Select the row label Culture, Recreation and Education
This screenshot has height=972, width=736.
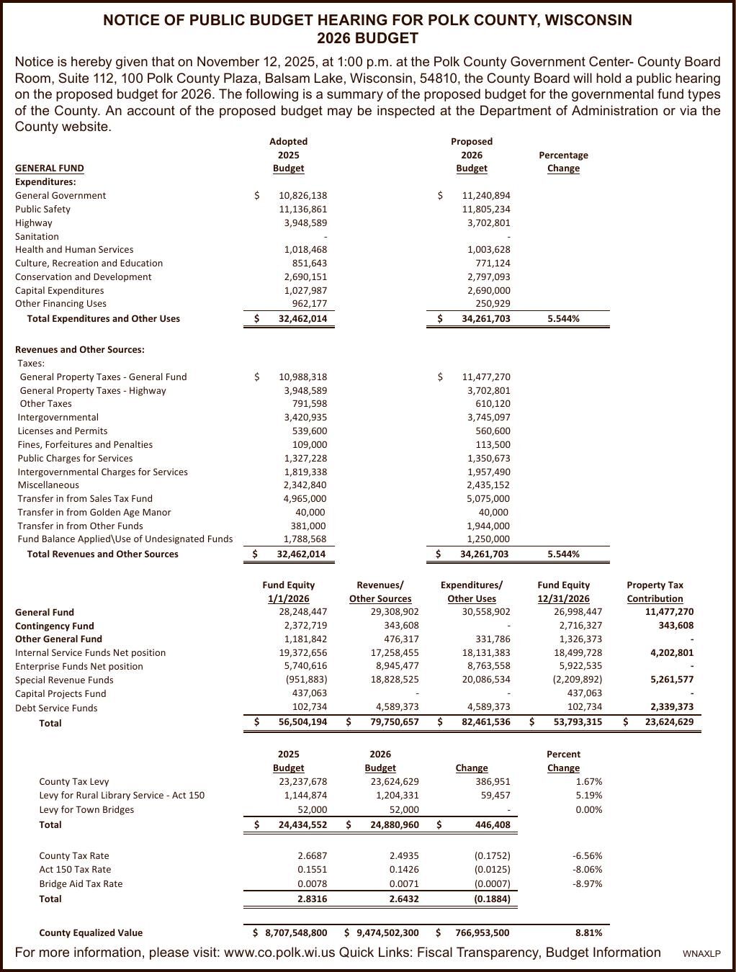(x=89, y=264)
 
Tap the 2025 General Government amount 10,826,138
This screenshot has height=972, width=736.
(x=302, y=195)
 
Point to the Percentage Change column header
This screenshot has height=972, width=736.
(x=563, y=161)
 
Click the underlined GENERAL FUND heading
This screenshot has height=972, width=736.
(x=49, y=168)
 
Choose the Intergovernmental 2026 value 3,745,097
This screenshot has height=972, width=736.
(x=488, y=418)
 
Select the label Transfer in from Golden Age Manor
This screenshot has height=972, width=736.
(x=94, y=513)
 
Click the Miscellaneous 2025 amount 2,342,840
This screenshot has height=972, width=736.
(x=305, y=485)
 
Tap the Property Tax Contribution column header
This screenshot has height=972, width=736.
(x=655, y=592)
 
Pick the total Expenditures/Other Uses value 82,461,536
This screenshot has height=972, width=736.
(x=485, y=721)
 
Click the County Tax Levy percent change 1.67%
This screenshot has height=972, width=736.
(x=588, y=781)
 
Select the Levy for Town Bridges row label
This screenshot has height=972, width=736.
(x=86, y=809)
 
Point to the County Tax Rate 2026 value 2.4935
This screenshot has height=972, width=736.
(x=404, y=856)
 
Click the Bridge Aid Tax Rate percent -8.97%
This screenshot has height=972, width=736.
(x=587, y=883)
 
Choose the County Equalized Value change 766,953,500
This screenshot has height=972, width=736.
(x=482, y=932)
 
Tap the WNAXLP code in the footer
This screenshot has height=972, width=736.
(x=701, y=954)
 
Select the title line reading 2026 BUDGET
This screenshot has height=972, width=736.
(x=367, y=38)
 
